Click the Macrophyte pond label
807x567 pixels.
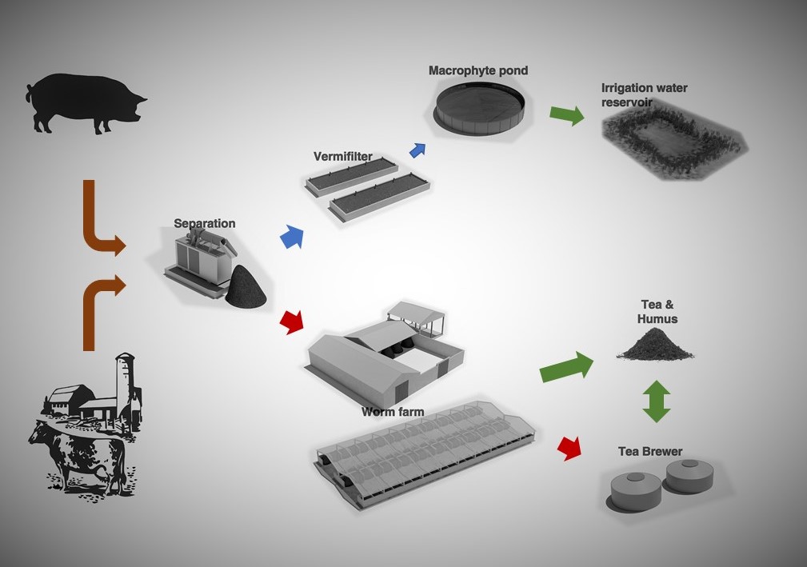[477, 70]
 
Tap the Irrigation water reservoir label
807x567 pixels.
[644, 94]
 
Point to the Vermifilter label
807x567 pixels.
[343, 157]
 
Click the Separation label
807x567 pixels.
[205, 223]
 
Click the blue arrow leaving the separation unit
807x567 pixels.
[292, 238]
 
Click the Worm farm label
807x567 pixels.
[392, 412]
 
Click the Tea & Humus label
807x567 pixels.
[659, 311]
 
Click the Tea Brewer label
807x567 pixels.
[650, 452]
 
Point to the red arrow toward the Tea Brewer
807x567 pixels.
[569, 447]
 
